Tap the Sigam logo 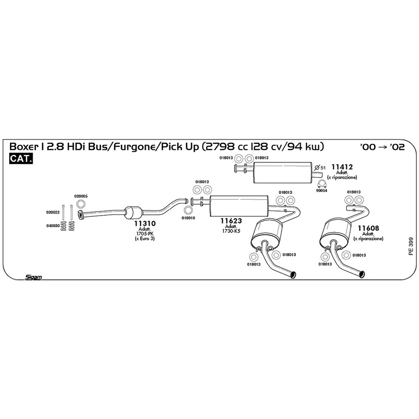pos(33,277)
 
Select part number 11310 pos(145,223)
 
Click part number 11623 pos(231,221)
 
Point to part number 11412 pos(342,167)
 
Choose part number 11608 pos(368,228)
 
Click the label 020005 pos(81,196)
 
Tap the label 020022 pos(53,212)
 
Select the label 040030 pos(53,226)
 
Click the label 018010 pos(188,218)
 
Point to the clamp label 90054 pos(321,191)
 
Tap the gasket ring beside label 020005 pos(81,204)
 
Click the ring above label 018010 pos(188,210)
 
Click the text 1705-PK pos(145,234)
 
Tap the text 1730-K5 pos(231,231)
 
